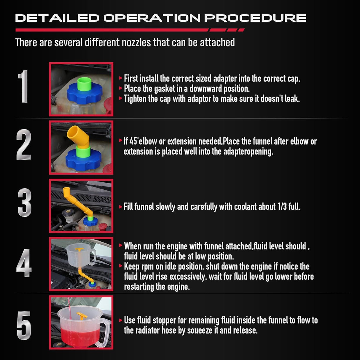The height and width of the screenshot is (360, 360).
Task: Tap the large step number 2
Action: tap(24, 144)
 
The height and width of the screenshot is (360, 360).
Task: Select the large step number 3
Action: tap(24, 203)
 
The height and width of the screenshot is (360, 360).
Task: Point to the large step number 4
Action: tap(24, 263)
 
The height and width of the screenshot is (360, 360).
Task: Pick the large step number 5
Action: tap(24, 325)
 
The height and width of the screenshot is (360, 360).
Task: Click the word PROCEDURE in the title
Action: tap(255, 18)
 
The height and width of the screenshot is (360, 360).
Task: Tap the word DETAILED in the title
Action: tap(57, 18)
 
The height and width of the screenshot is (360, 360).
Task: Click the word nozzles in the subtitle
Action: tap(136, 42)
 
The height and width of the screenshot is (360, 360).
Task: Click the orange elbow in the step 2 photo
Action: tap(79, 137)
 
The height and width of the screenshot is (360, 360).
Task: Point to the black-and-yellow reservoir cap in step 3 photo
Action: tap(67, 213)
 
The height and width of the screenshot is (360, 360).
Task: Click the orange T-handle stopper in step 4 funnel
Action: tap(79, 251)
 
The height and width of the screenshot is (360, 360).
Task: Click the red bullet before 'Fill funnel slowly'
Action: tap(120, 207)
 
